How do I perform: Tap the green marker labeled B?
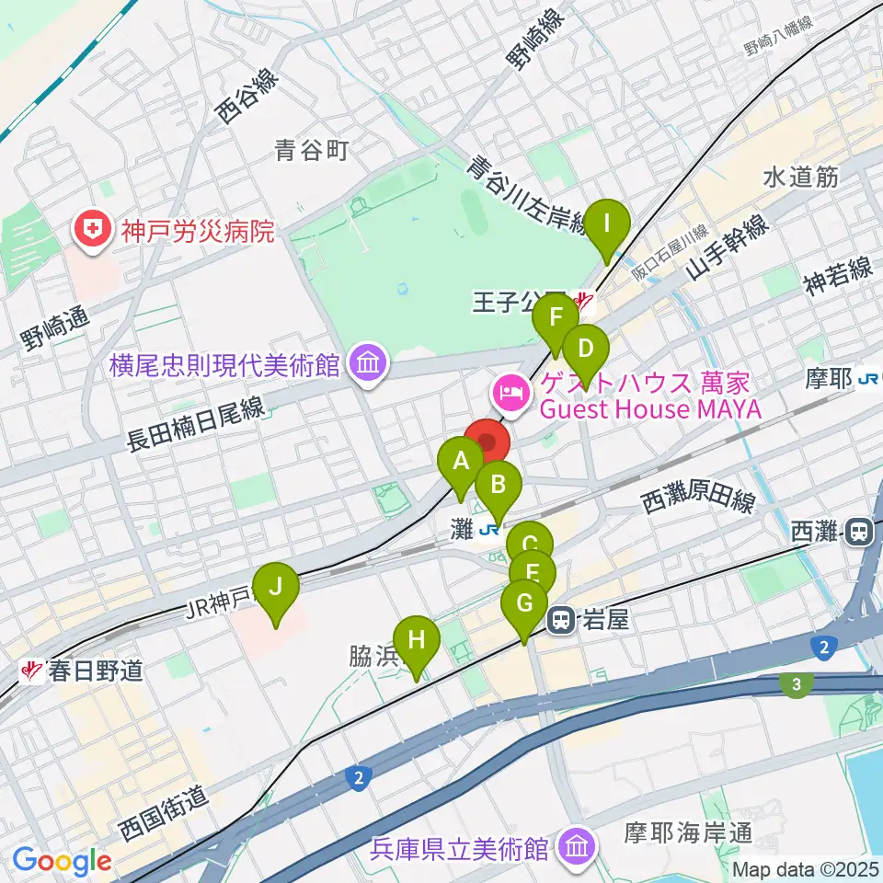pyautogui.click(x=499, y=487)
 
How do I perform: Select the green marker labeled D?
pyautogui.click(x=586, y=350)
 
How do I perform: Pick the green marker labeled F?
pyautogui.click(x=556, y=320)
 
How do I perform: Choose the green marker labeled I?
pyautogui.click(x=607, y=225)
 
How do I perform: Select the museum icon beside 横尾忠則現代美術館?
pyautogui.click(x=368, y=364)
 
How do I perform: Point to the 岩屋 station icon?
pyautogui.click(x=560, y=622)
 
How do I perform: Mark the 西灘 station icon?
pyautogui.click(x=862, y=532)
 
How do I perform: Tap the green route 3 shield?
pyautogui.click(x=797, y=683)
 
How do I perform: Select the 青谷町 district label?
pyautogui.click(x=313, y=150)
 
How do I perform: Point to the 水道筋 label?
pyautogui.click(x=800, y=178)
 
